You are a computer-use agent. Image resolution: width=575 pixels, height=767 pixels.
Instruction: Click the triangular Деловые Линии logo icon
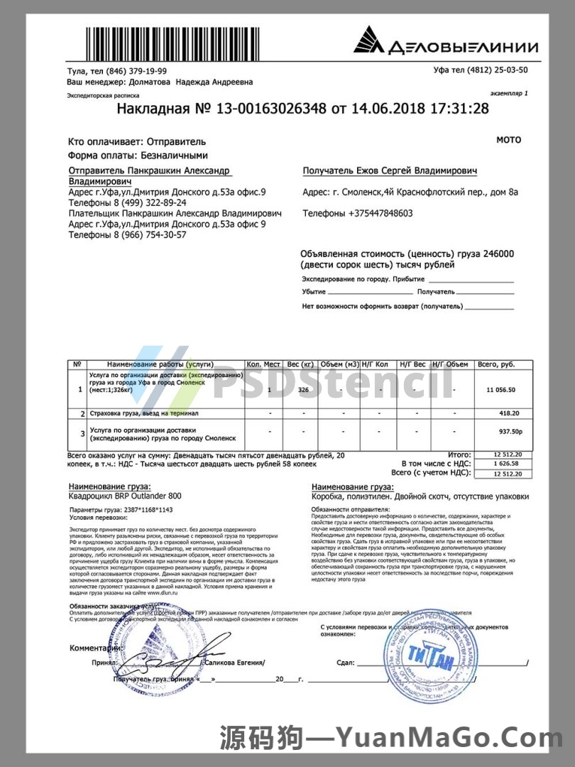tap(368, 40)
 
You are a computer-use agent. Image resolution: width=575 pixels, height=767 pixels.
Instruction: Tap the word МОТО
tap(508, 140)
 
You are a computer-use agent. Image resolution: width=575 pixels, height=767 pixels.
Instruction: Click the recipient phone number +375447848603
tap(380, 213)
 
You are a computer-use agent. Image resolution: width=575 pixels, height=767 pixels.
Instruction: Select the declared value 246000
tap(498, 254)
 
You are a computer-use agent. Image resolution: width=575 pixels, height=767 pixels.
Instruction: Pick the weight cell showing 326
tap(303, 391)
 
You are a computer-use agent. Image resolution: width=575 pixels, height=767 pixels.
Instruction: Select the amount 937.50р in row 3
tap(510, 431)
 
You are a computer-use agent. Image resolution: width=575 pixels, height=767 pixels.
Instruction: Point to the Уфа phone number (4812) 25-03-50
tap(501, 70)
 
